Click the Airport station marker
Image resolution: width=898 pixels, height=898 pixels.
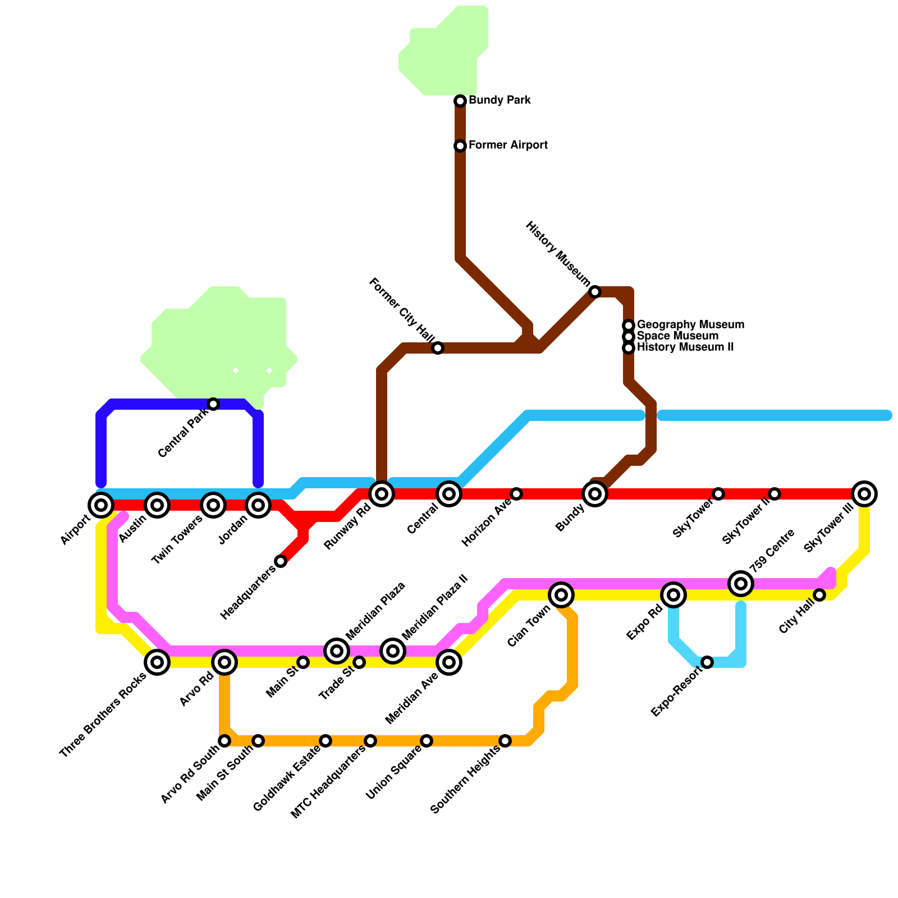coord(101,505)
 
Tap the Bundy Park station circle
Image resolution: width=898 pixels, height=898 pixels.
coord(460,101)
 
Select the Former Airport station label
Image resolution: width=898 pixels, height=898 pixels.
coord(508,145)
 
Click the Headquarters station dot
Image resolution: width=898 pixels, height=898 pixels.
coord(281,561)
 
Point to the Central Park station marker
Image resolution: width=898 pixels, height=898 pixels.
coord(213,404)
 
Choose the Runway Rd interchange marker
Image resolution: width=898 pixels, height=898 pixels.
coord(382,494)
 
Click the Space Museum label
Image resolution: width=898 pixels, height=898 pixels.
coord(677,336)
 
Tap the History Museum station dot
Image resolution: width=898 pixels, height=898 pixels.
coord(595,292)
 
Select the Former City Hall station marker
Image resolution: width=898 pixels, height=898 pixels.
coord(438,348)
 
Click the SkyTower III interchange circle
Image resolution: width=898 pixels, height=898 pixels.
coord(864,494)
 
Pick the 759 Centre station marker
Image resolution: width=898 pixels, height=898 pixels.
coord(741,584)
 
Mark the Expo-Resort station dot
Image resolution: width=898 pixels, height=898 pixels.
coord(707,662)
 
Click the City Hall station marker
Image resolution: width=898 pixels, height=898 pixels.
coord(819,595)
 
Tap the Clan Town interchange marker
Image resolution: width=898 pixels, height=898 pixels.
coord(561,595)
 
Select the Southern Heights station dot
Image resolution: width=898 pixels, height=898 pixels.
coord(505,741)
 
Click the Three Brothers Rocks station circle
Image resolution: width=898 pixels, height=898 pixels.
coord(157,662)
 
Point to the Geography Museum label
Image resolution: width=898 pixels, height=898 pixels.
coord(690,325)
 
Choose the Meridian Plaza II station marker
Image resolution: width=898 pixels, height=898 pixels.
coord(393,651)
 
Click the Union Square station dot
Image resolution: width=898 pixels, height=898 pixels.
coord(427,741)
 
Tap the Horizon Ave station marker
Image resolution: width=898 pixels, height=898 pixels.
coord(516,494)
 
